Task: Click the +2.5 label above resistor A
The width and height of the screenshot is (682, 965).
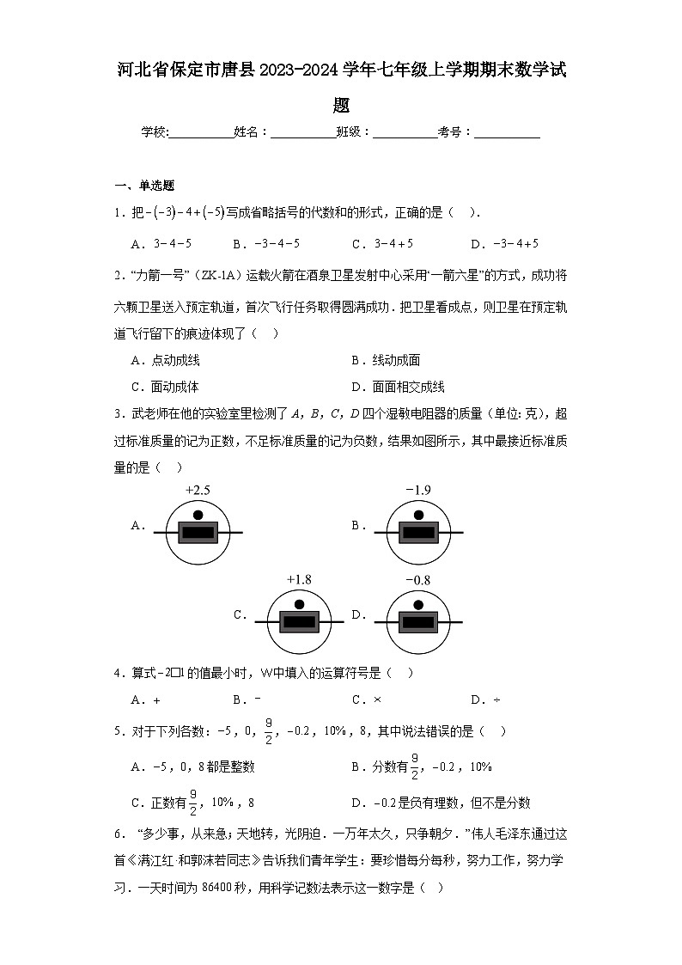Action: (198, 491)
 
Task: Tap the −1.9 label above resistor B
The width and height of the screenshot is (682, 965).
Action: (418, 491)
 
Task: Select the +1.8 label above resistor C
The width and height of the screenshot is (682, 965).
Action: (299, 580)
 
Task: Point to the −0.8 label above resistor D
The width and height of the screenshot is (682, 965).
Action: (417, 580)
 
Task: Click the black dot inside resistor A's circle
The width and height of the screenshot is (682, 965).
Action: (198, 516)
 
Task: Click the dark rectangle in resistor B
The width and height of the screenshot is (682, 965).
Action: (418, 533)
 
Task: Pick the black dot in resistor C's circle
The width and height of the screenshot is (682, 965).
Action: (300, 605)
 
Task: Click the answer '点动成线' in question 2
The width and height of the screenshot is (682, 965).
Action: (175, 361)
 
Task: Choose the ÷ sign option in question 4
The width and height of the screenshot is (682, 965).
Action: (496, 699)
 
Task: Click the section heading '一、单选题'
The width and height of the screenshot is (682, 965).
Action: (145, 186)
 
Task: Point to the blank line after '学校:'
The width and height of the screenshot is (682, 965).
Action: (201, 132)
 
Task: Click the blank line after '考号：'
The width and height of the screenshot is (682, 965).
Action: (507, 132)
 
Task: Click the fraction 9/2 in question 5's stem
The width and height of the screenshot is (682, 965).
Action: (268, 731)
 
